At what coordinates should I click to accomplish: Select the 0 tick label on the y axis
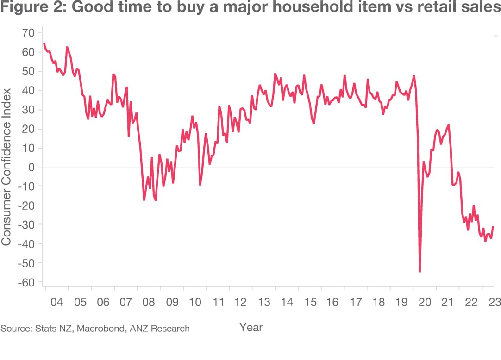[x=31, y=167]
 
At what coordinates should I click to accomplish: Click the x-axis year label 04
[x=56, y=303]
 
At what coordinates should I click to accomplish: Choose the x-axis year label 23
[x=494, y=303]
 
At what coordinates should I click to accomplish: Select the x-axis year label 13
[x=263, y=303]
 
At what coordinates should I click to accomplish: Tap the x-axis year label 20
[x=425, y=303]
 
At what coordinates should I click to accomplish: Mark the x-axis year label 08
[x=149, y=303]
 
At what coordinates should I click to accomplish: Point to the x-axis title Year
[x=251, y=328]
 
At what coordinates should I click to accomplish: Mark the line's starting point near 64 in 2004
[x=44, y=43]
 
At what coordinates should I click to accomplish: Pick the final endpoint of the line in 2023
[x=494, y=226]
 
